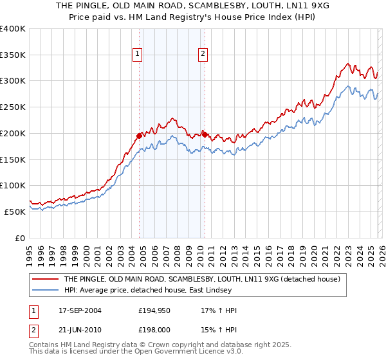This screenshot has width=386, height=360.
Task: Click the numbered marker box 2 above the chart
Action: [203, 55]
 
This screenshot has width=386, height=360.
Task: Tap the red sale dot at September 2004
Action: [140, 136]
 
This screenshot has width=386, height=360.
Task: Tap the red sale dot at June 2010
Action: [205, 134]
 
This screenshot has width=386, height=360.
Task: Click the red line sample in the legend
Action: [46, 279]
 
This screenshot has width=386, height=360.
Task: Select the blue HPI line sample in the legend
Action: [46, 291]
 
